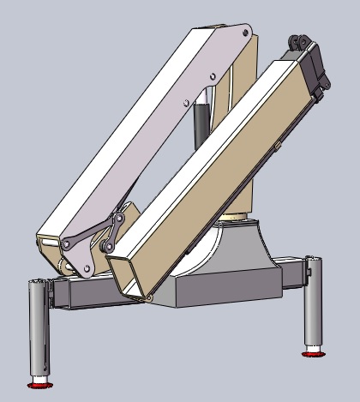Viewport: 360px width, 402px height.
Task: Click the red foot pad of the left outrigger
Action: click(x=40, y=381)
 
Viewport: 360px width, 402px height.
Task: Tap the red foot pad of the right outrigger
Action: click(x=312, y=349)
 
